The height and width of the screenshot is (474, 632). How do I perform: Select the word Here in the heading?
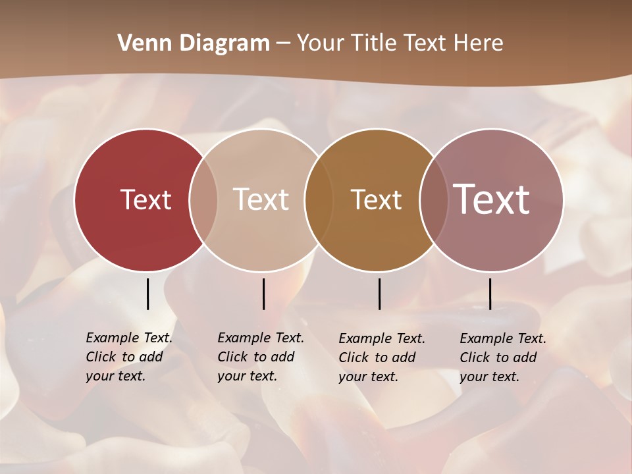pyautogui.click(x=479, y=43)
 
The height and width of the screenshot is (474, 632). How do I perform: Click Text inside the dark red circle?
pyautogui.click(x=145, y=199)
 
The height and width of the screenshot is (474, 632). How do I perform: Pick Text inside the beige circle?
pyautogui.click(x=261, y=199)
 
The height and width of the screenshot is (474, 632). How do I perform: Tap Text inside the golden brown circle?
pyautogui.click(x=376, y=199)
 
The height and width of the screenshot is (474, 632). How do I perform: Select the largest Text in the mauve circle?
pyautogui.click(x=492, y=199)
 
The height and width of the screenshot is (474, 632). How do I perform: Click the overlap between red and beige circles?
pyautogui.click(x=203, y=199)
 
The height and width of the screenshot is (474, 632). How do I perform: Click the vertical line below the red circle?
pyautogui.click(x=147, y=294)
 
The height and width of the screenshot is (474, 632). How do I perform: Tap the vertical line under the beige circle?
pyautogui.click(x=263, y=294)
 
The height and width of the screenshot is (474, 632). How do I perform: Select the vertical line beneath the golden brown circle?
pyautogui.click(x=379, y=294)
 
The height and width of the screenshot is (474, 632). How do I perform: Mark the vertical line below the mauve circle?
pyautogui.click(x=490, y=294)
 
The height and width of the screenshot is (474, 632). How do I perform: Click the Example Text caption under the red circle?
pyautogui.click(x=129, y=357)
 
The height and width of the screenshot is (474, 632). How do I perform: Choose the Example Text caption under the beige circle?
pyautogui.click(x=261, y=357)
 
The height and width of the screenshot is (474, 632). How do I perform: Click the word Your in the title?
pyautogui.click(x=321, y=43)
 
